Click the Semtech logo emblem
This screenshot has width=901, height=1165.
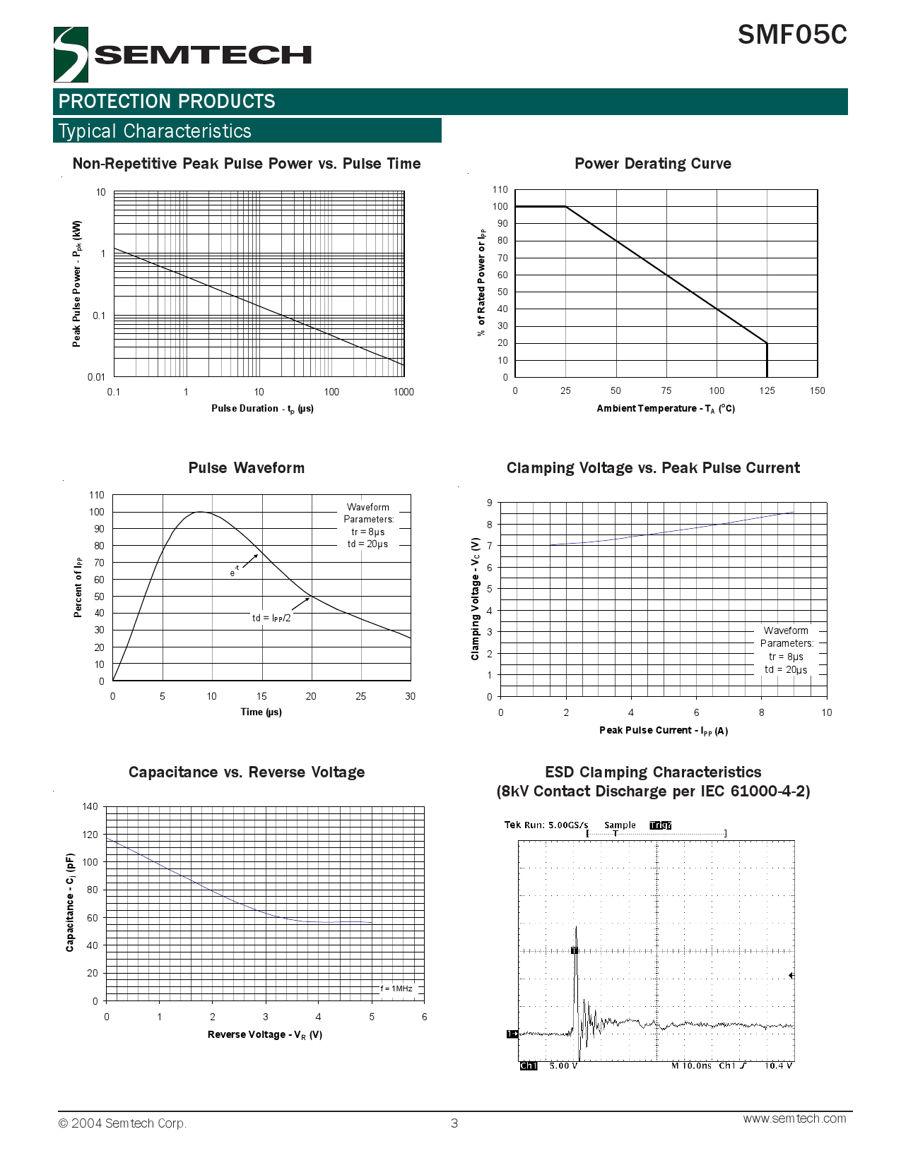coord(71,54)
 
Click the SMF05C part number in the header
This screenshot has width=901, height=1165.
coord(792,35)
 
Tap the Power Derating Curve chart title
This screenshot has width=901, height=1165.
coord(652,164)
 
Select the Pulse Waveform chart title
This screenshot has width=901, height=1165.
coord(246,468)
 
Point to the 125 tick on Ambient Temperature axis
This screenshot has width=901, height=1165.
coord(767,390)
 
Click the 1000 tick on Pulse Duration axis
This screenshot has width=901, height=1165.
coord(404,392)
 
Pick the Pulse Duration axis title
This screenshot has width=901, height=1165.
coord(262,409)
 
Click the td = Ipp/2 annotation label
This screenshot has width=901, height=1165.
coord(271,618)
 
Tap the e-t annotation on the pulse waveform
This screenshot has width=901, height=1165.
coord(234,572)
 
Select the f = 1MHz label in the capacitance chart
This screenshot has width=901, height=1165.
coord(396,988)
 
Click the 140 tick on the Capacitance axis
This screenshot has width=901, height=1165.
coord(90,806)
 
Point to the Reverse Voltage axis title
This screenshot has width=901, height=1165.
coord(264,1035)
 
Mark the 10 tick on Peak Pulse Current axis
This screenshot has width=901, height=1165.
coord(826,712)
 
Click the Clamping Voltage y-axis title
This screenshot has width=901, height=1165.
coord(476,599)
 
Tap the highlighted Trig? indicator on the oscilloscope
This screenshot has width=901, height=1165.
coord(660,825)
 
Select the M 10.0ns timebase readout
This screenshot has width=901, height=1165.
coord(690,1065)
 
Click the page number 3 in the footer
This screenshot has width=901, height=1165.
coord(454,1123)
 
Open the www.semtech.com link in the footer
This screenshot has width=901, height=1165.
coord(794,1118)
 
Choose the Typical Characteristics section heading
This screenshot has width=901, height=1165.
coord(155,131)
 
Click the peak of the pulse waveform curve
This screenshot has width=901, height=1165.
coord(201,512)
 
